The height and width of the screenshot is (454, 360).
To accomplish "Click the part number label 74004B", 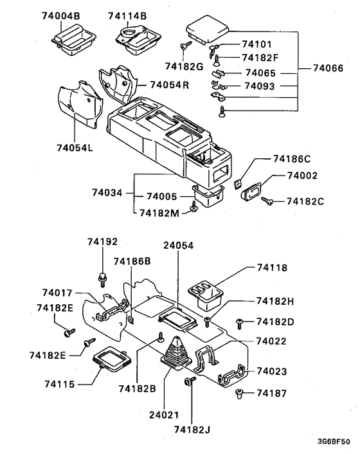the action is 61,15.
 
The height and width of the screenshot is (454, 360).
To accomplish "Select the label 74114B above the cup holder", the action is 127,15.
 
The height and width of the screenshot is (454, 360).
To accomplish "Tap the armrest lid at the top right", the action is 207,29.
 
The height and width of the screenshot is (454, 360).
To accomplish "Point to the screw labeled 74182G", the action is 186,45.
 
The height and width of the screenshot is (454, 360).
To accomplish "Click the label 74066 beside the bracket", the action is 328,68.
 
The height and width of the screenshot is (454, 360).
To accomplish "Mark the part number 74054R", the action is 169,85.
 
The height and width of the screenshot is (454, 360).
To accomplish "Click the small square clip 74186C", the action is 238,184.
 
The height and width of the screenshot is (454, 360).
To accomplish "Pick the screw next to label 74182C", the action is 267,201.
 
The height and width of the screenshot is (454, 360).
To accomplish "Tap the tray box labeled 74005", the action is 208,195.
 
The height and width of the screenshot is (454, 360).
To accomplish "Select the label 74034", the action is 107,192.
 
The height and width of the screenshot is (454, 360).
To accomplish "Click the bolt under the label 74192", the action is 102,280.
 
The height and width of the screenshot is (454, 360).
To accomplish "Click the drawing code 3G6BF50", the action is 334,442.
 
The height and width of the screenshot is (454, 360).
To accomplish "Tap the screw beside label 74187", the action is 239,394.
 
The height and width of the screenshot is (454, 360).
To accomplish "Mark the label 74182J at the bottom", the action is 192,430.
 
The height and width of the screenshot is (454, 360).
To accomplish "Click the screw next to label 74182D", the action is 240,323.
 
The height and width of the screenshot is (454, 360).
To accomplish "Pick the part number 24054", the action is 178,246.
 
